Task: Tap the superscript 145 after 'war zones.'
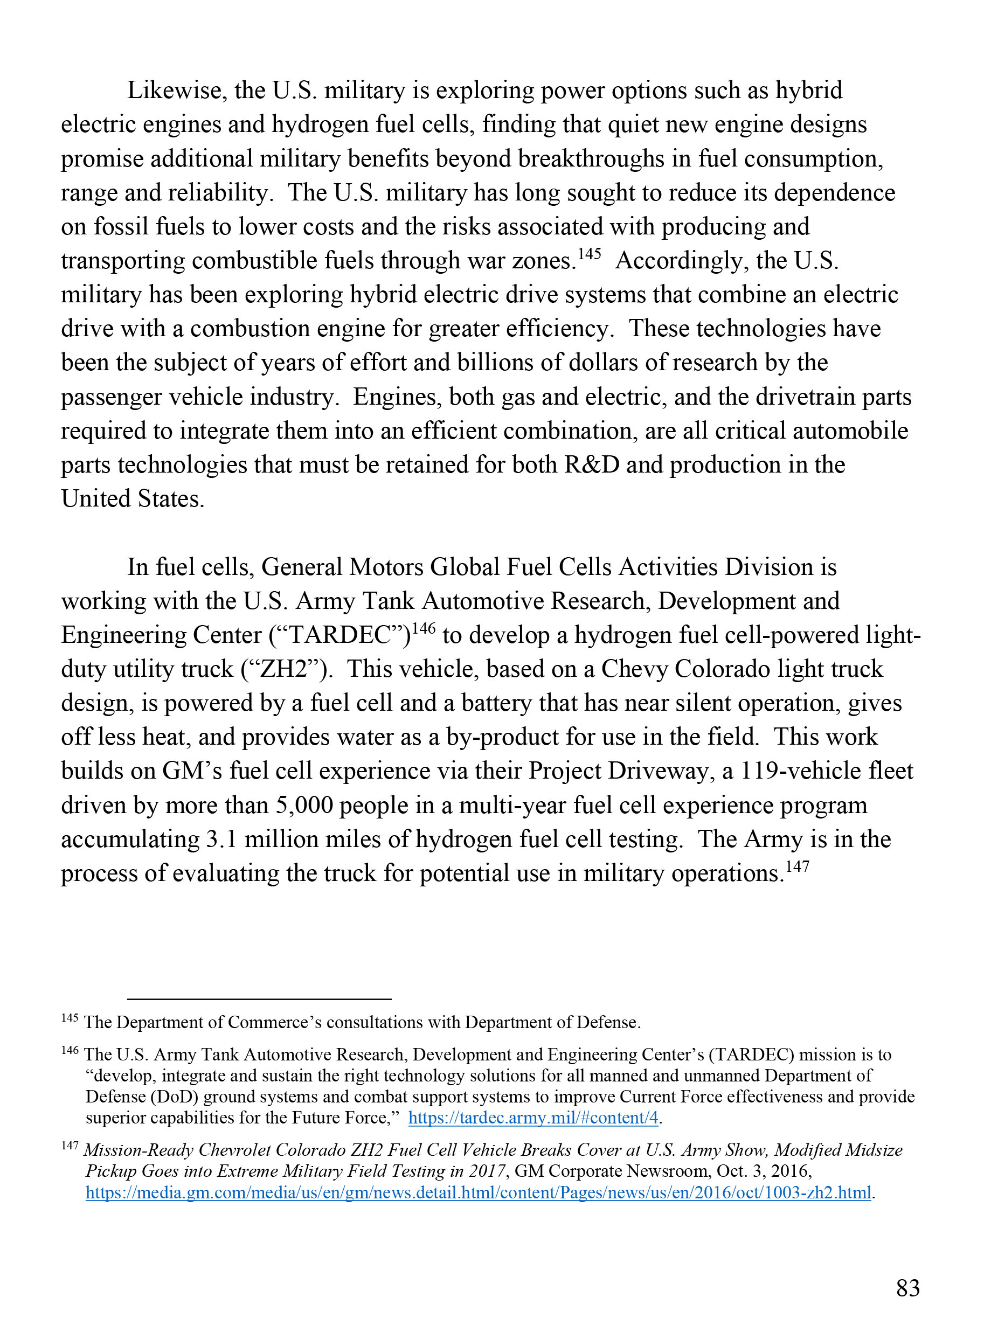[x=589, y=254]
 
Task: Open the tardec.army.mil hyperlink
[x=533, y=1118]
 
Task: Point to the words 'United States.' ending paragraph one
[x=133, y=499]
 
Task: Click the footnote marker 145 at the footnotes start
[x=70, y=1018]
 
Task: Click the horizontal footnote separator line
[x=259, y=999]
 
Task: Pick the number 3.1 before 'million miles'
[x=221, y=840]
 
